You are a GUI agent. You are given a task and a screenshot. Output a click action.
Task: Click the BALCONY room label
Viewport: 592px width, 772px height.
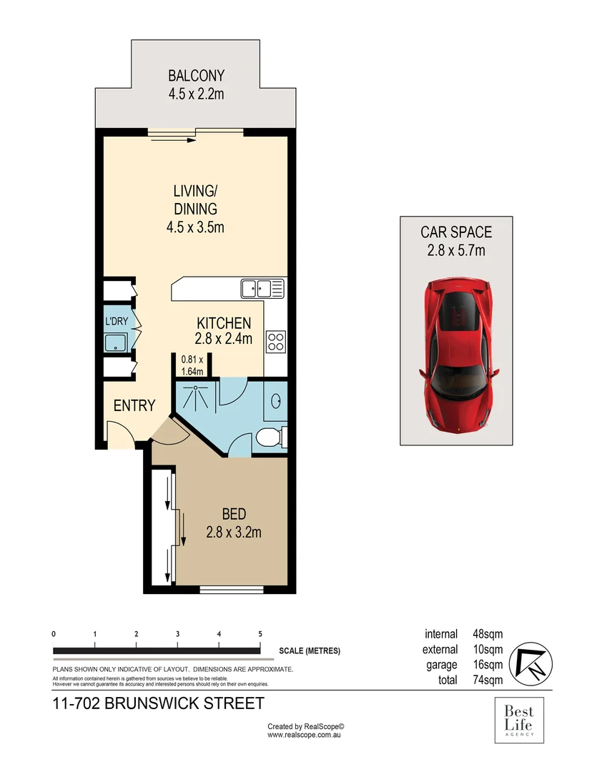[x=196, y=75]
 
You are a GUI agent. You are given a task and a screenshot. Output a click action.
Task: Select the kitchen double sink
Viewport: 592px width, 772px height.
[x=262, y=289]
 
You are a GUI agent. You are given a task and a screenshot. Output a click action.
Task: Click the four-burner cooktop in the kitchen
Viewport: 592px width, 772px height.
[x=275, y=342]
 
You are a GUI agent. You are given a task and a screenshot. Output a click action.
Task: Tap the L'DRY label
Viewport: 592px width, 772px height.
[x=117, y=322]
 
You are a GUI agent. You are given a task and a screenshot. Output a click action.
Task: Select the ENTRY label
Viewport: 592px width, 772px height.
[x=134, y=406]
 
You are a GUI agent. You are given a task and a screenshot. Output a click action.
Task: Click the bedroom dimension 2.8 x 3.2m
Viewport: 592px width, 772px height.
[x=234, y=532]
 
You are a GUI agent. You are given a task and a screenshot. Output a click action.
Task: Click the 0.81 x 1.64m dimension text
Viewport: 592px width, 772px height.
[x=192, y=365]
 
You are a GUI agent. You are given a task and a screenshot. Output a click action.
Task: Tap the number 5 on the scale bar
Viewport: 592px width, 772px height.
[x=260, y=634]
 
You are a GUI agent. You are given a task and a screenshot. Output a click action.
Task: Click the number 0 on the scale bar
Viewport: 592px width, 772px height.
[x=54, y=634]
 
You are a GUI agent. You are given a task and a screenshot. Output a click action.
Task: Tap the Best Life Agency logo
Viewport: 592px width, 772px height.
[x=519, y=721]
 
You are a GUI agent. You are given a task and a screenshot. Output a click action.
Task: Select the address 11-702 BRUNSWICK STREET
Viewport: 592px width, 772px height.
[x=159, y=703]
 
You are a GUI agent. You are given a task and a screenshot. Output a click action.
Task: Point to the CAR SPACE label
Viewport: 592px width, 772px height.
[x=456, y=232]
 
